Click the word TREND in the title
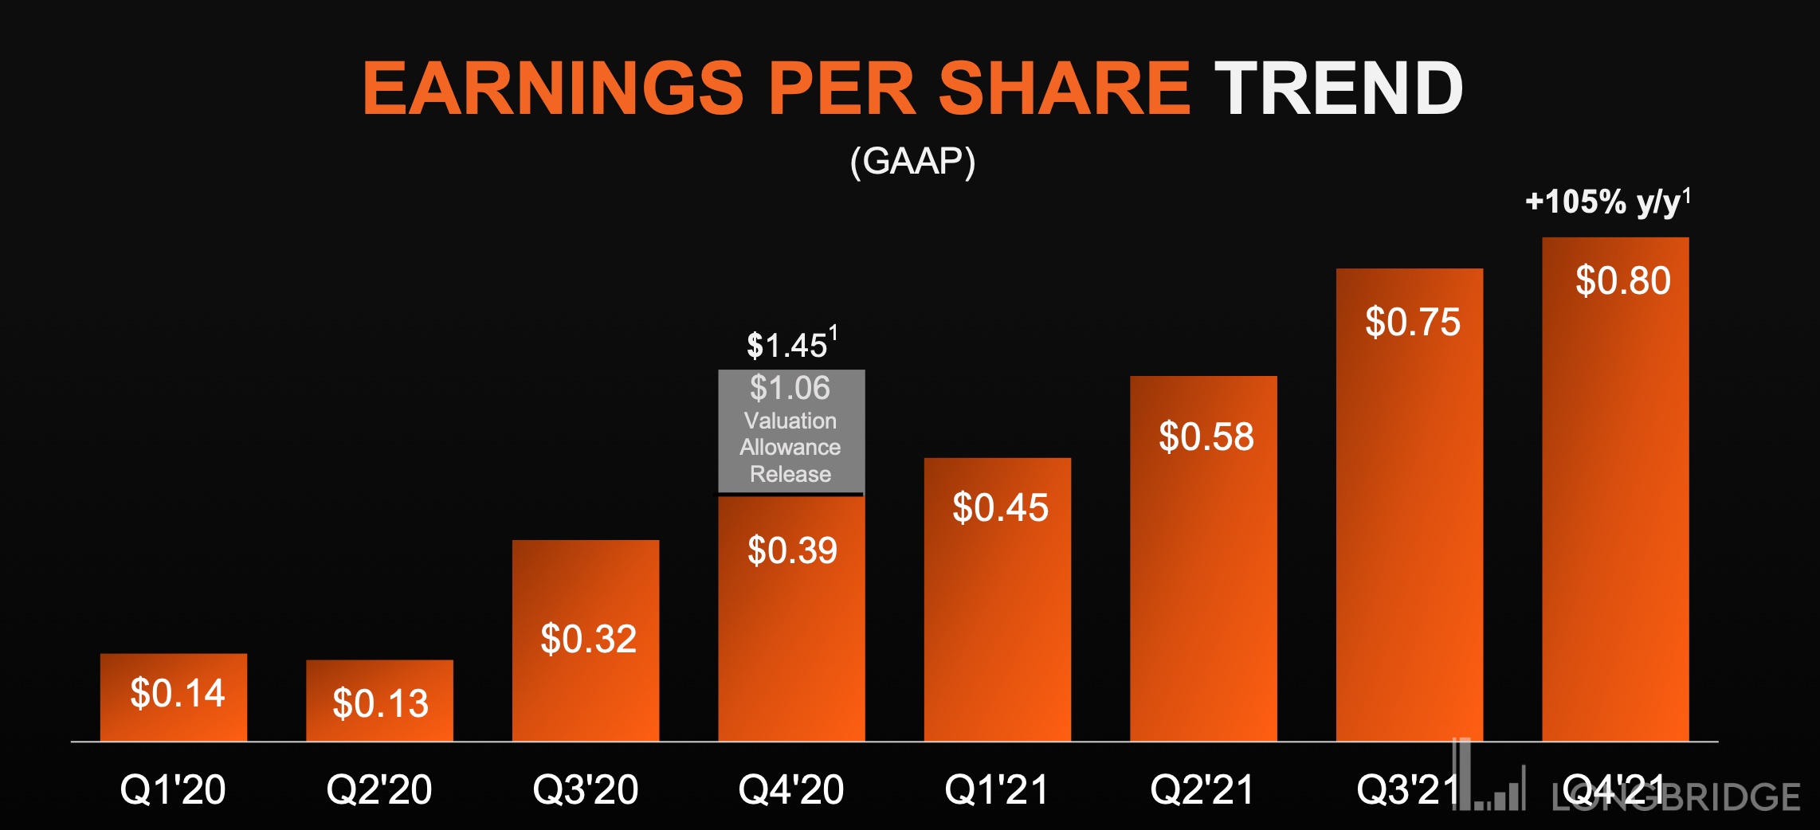tap(1339, 88)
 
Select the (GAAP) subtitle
tap(912, 162)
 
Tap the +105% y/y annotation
tap(1606, 202)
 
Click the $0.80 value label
tap(1622, 281)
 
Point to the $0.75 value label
tap(1412, 323)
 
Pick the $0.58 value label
tap(1206, 437)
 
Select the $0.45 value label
tap(1000, 508)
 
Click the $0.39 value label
tap(792, 550)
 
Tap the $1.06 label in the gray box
tap(790, 388)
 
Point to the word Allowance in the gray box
tap(790, 447)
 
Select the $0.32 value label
tap(588, 639)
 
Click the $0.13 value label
tap(380, 703)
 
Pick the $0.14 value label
tap(177, 693)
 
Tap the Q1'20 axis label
tap(172, 789)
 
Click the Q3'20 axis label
tap(585, 789)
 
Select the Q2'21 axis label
tap(1202, 789)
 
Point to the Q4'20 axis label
tap(790, 789)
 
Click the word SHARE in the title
tap(1064, 88)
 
